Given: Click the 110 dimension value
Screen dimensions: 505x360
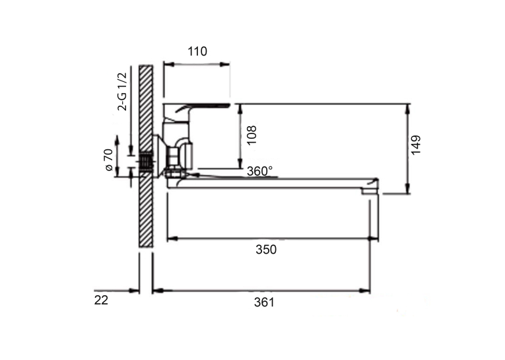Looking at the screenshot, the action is [197, 52].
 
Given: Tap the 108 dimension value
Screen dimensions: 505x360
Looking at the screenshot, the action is [252, 135].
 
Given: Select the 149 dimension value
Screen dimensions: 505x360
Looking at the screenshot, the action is [416, 145].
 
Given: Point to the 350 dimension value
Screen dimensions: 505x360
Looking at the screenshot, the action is [266, 250].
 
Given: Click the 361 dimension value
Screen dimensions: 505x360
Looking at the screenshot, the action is [265, 303].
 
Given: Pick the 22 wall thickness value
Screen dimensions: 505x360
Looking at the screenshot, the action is [101, 301].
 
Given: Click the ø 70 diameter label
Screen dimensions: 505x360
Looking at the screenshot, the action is [108, 160].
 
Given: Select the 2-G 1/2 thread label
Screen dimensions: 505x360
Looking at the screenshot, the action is [122, 92].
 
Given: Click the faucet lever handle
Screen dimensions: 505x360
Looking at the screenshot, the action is [197, 108].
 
